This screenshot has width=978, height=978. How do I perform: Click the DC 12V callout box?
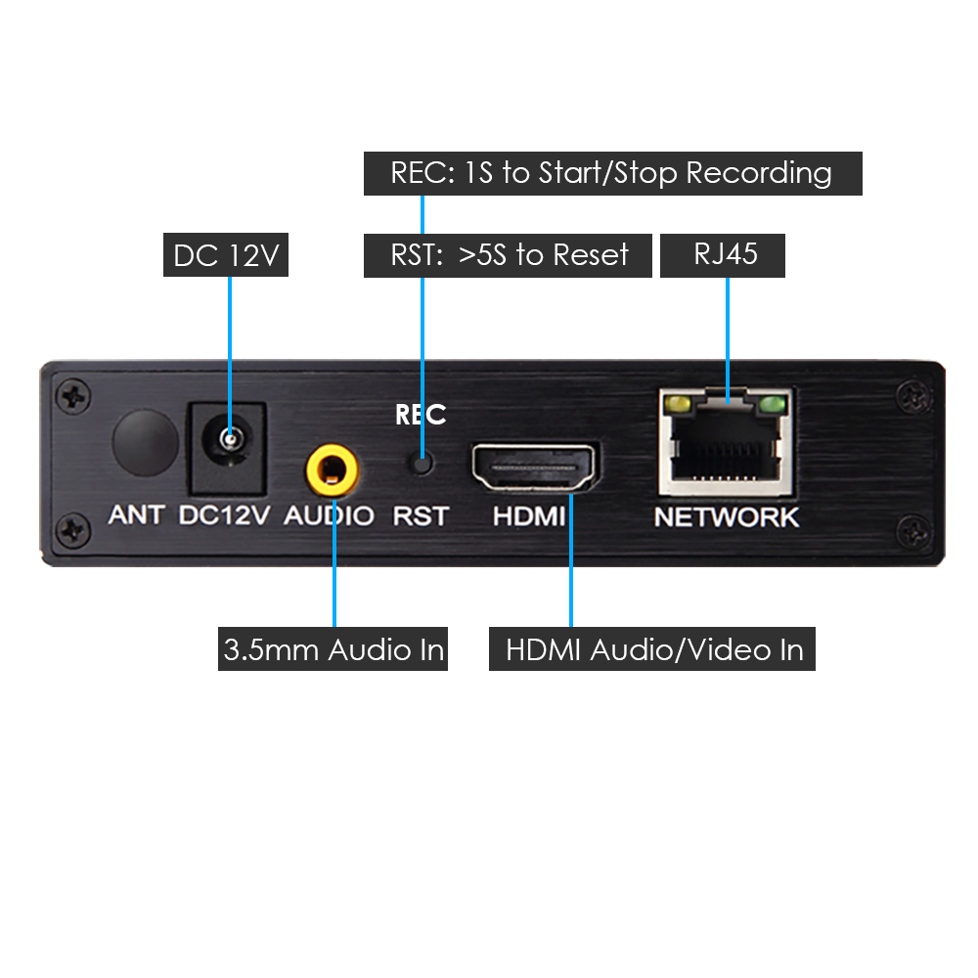pos(226,254)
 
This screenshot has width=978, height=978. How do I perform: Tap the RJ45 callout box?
pos(723,255)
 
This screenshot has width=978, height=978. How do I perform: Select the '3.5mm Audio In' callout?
pos(333,648)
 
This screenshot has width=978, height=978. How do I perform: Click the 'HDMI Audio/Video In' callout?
pos(651,648)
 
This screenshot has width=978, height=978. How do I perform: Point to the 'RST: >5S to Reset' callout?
pos(508,255)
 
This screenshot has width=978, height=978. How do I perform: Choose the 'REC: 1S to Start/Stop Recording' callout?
pos(613,173)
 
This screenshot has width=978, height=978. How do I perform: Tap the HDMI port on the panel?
pos(534,467)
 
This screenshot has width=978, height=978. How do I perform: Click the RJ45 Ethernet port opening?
pos(726,446)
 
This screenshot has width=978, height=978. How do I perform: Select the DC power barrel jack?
pos(228,447)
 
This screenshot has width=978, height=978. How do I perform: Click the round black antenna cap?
pos(146,443)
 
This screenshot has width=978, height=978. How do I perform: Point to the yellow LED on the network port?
pos(678,405)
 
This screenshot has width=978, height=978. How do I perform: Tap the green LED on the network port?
pos(773,405)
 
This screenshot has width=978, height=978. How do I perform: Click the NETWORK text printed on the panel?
pos(726,517)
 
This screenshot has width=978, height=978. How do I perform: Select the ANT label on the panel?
pos(136,515)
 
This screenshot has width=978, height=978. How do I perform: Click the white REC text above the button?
pos(421,415)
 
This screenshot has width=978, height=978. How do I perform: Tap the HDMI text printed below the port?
pos(529,516)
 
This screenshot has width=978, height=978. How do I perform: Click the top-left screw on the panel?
pos(73,396)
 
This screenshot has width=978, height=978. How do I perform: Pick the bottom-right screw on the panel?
pos(913,532)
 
